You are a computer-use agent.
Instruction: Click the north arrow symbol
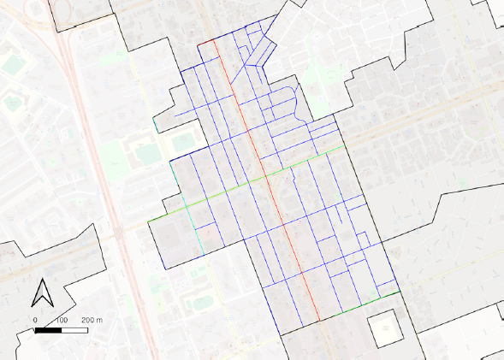(40, 292)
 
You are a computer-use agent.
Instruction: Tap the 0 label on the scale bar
(36, 319)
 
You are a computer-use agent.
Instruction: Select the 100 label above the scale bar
(61, 319)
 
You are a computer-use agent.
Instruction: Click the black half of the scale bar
(48, 329)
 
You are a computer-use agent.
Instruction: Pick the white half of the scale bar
(74, 329)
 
